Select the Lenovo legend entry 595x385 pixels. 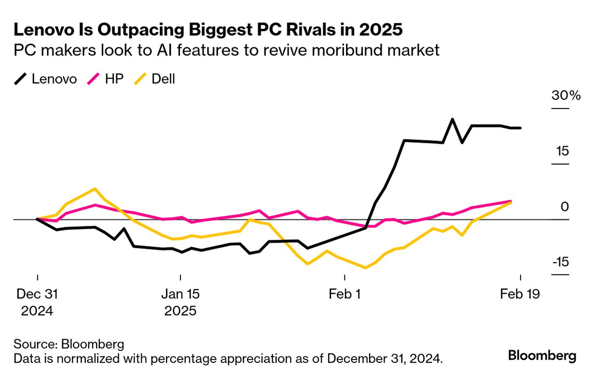coord(45,79)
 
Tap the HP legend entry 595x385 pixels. coord(106,79)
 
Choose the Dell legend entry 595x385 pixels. coord(154,79)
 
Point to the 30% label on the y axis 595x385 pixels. coord(566,96)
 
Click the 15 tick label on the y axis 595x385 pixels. coord(562,151)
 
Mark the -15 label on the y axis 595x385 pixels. coord(560,262)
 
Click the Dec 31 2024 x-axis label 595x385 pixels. coord(37,302)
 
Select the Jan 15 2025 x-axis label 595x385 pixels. coord(180,302)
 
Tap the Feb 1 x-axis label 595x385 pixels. coord(345,294)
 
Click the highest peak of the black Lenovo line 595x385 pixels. coord(452,119)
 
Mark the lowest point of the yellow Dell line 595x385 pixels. coord(365,268)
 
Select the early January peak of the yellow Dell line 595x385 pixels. coord(95,189)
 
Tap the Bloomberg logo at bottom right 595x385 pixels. coord(542,356)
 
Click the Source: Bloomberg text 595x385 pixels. coord(69,344)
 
